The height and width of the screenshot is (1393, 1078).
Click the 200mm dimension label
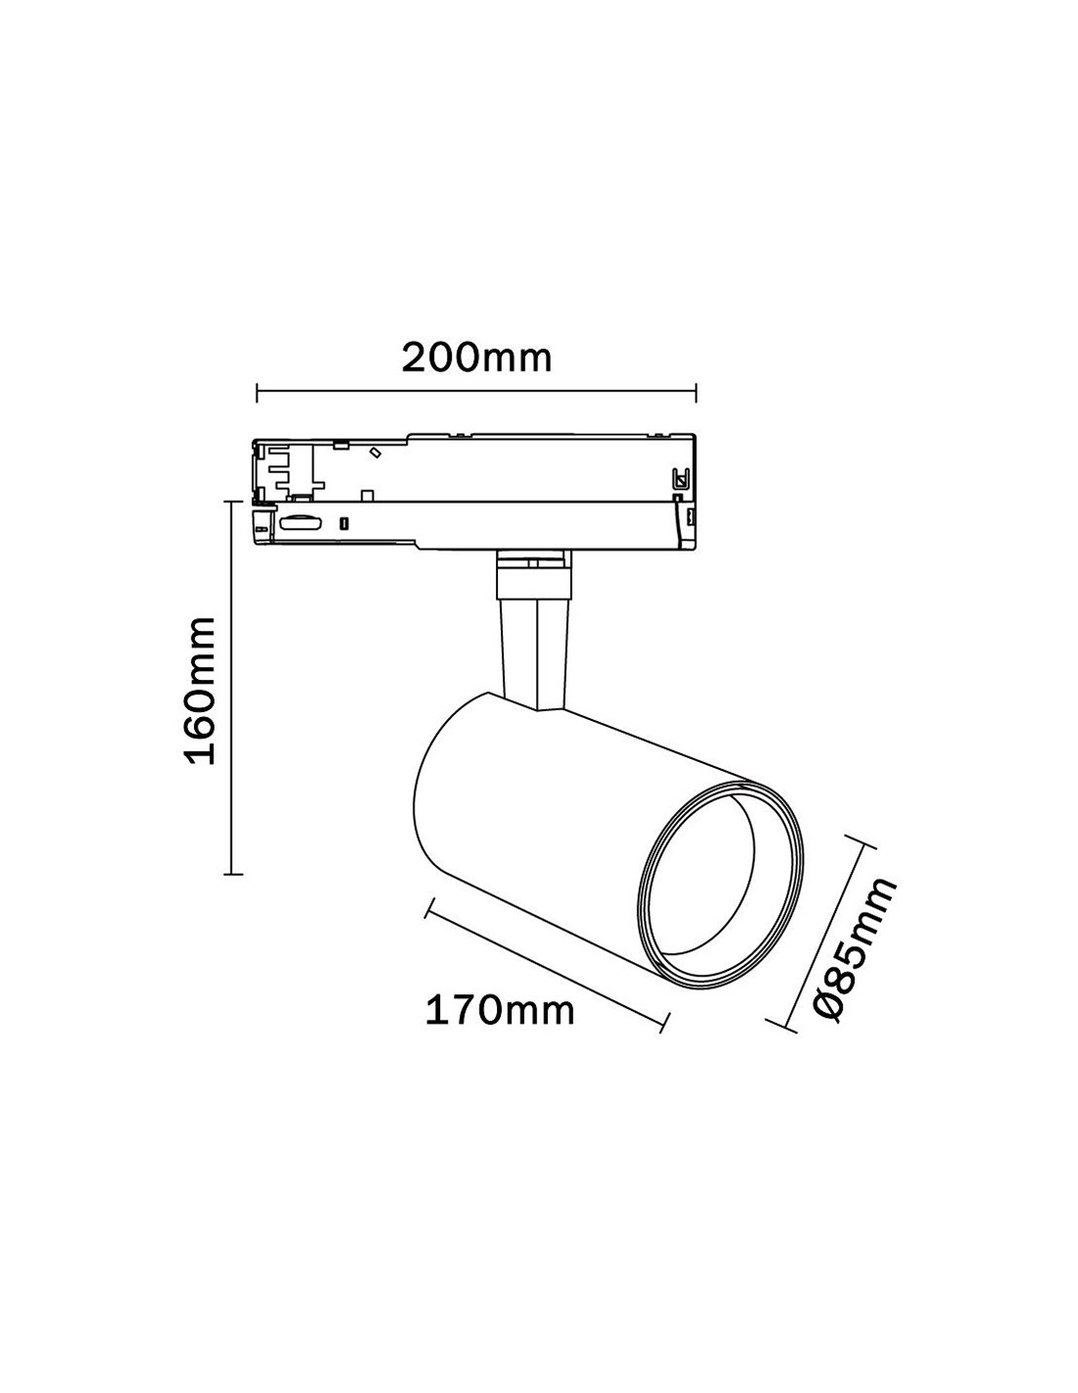click(476, 359)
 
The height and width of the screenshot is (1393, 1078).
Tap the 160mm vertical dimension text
click(201, 691)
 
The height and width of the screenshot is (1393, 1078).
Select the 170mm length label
click(499, 1009)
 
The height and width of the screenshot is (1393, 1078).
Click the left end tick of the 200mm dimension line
click(257, 393)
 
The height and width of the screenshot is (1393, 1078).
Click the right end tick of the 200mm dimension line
click(696, 393)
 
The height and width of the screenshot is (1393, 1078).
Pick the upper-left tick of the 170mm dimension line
click(427, 910)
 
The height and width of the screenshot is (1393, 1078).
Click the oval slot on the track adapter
click(300, 525)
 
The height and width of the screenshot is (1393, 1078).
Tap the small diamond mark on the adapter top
click(373, 453)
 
